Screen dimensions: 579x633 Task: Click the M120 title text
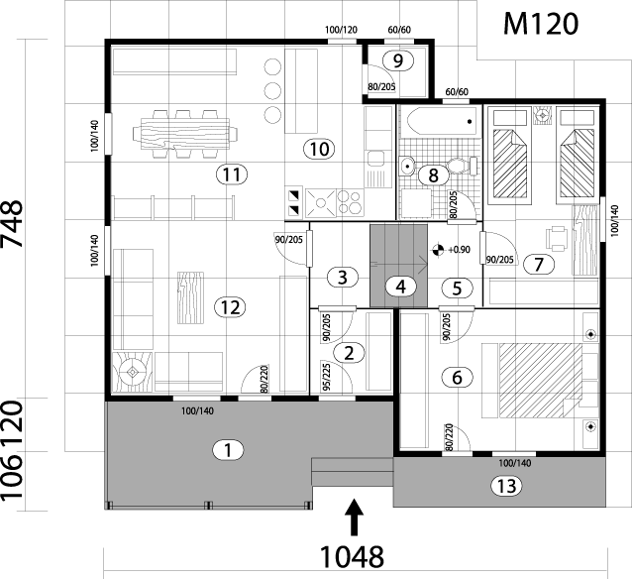(x=540, y=23)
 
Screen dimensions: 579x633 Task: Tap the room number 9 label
(x=397, y=60)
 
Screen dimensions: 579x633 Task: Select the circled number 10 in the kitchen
(x=318, y=149)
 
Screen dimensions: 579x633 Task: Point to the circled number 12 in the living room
(x=228, y=306)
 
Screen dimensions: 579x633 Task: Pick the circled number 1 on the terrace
(x=228, y=450)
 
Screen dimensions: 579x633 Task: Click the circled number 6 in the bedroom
(x=456, y=377)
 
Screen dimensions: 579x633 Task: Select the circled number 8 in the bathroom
(x=432, y=175)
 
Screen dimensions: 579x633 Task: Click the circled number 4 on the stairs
(x=400, y=287)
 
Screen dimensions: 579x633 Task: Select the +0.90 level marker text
(x=459, y=250)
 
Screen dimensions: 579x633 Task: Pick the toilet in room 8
(x=458, y=166)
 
